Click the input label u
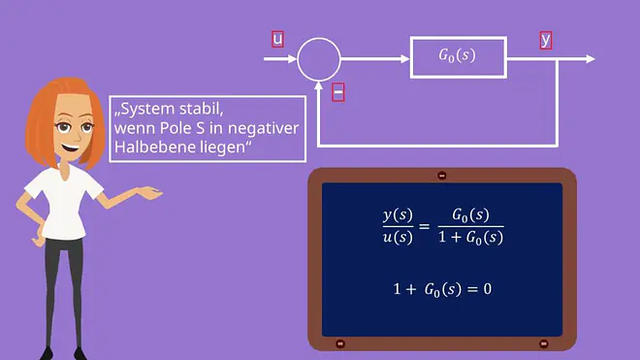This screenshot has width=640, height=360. coord(277,39)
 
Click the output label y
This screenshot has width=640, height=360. coord(546,41)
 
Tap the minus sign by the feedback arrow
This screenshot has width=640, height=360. coord(338,92)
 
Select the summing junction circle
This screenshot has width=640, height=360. coord(319,39)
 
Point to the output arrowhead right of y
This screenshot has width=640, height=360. coord(591,59)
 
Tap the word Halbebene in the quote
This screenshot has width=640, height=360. coord(155,147)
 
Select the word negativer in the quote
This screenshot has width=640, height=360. coord(263,128)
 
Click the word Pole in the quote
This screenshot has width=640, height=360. coord(176,128)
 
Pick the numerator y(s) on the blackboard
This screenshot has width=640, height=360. coord(398,215)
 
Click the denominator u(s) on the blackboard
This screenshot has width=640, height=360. coord(398,238)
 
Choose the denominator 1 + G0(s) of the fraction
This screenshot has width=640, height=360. coord(470,238)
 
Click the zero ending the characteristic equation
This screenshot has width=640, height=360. coord(488,289)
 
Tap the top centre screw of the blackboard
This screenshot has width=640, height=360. coord(441,176)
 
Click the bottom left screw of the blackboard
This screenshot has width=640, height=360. coord(340,344)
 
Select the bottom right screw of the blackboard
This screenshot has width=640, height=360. coord(544,344)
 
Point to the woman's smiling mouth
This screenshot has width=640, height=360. coord(71,147)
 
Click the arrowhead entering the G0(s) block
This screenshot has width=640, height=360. coord(405,59)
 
